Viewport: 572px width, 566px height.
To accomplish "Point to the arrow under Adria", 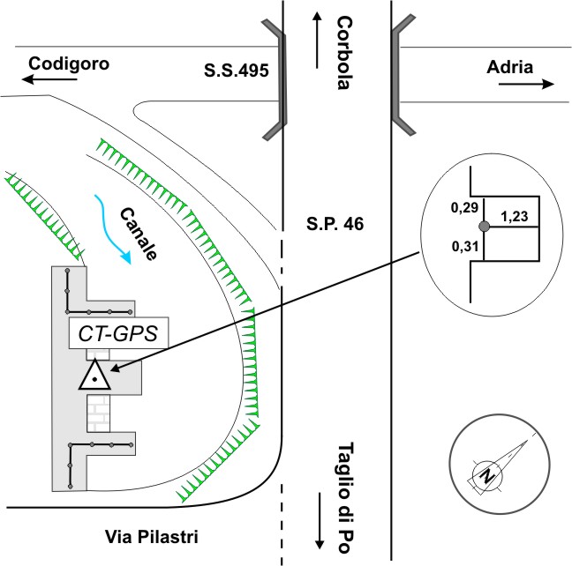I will [526, 85].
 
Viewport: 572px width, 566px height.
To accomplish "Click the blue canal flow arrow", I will [115, 230].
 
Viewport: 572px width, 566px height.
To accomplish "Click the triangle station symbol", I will [94, 376].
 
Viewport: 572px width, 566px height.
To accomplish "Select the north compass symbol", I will [486, 474].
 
